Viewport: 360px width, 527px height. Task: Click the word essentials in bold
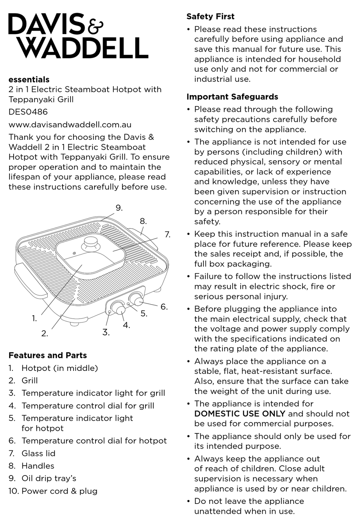[x=29, y=80]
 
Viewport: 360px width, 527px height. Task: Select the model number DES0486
[x=28, y=112]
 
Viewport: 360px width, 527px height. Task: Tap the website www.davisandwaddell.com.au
[x=70, y=125]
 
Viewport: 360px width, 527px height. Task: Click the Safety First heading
[x=210, y=17]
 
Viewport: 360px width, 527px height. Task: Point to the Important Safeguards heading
[x=232, y=97]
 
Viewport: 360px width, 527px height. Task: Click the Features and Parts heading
[x=47, y=355]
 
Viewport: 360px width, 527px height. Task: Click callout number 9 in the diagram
[x=119, y=208]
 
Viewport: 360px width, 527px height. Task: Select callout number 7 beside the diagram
[x=167, y=235]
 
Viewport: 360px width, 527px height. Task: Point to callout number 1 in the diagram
[x=34, y=319]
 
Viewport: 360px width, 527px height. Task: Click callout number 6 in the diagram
[x=164, y=307]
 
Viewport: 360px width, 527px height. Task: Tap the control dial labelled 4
[x=120, y=310]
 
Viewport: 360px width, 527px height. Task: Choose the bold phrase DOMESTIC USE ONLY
[x=240, y=414]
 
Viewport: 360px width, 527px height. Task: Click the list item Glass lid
[x=38, y=454]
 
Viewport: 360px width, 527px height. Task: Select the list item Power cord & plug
[x=59, y=491]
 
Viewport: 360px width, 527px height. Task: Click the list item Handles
[x=38, y=466]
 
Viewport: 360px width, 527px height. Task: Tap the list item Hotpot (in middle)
[x=59, y=368]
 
